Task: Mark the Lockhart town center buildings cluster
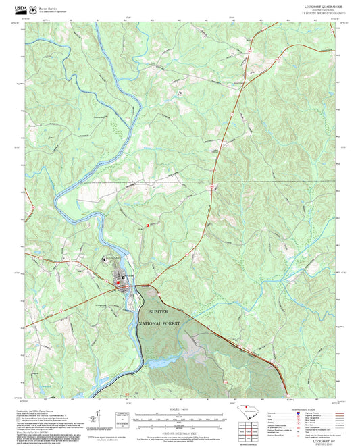click(x=124, y=281)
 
